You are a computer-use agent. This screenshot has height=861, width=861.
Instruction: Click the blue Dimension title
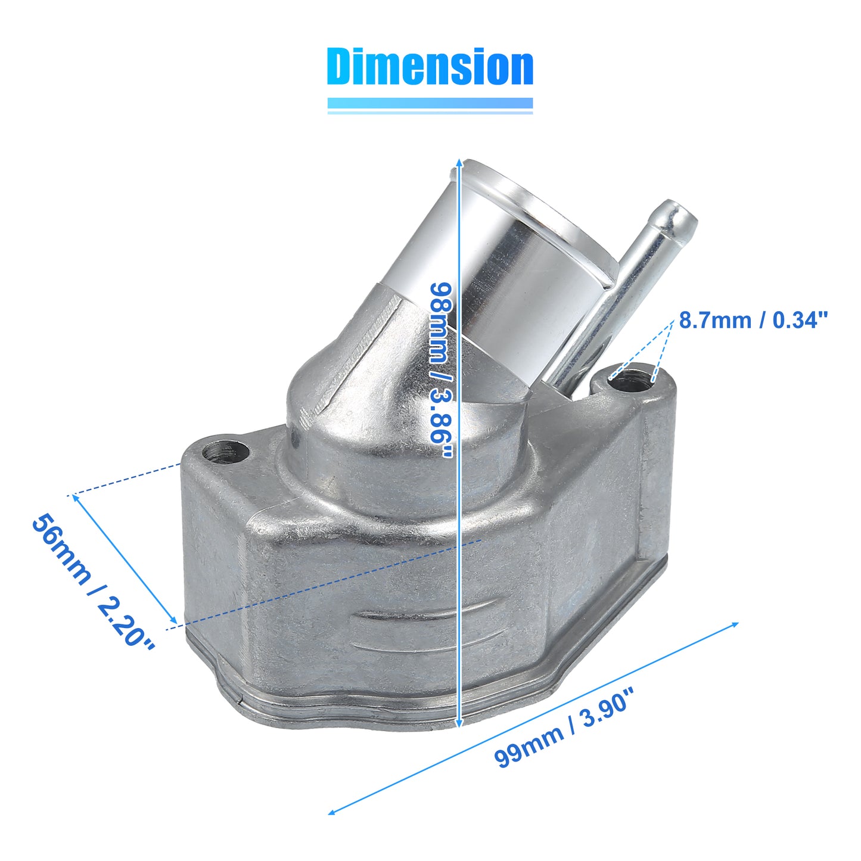tap(430, 66)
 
